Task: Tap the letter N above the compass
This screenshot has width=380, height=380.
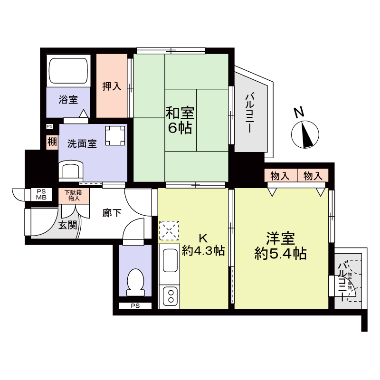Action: pyautogui.click(x=298, y=113)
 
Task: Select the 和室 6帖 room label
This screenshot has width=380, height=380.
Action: pyautogui.click(x=179, y=121)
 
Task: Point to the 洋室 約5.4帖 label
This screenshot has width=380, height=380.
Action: pyautogui.click(x=280, y=246)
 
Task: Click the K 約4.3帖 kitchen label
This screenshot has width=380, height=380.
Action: pyautogui.click(x=203, y=245)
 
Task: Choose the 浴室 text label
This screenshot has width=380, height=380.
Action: pyautogui.click(x=68, y=100)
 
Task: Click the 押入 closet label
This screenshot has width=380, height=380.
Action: pyautogui.click(x=112, y=86)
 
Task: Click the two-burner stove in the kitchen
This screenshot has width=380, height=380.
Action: pyautogui.click(x=170, y=296)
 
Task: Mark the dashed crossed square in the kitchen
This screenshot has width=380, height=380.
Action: pyautogui.click(x=169, y=230)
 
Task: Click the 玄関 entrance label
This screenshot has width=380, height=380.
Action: pyautogui.click(x=67, y=225)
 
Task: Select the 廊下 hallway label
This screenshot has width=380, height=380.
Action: pyautogui.click(x=112, y=213)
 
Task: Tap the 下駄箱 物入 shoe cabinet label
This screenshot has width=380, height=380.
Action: pyautogui.click(x=74, y=195)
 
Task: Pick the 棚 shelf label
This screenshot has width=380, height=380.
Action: pyautogui.click(x=51, y=142)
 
